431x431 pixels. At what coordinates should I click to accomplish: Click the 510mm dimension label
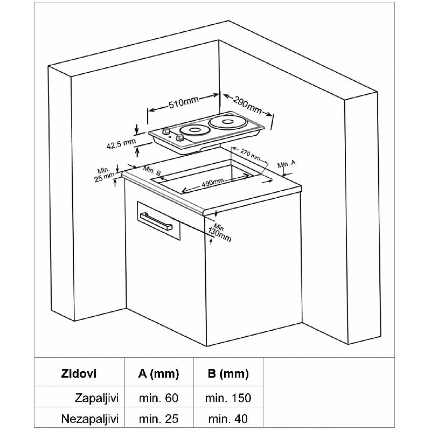point(183,102)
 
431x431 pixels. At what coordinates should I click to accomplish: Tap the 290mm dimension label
point(247,105)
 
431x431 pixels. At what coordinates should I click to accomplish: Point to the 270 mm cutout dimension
point(250,155)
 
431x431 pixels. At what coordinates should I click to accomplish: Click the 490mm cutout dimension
point(213,183)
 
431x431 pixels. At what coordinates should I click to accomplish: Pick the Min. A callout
point(287,164)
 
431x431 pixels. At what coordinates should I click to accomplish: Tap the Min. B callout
point(152,171)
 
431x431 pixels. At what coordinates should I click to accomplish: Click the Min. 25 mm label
point(104,175)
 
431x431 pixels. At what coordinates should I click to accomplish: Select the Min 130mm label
point(220,233)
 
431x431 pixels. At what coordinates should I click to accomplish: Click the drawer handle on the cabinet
point(156,221)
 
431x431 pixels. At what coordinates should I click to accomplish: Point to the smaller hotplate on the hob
point(194,130)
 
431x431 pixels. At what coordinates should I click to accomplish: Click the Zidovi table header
point(79,374)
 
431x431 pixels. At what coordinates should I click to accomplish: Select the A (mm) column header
point(158,374)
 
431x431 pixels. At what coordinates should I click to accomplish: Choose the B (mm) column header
point(228,374)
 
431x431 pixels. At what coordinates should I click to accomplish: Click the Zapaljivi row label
point(96,398)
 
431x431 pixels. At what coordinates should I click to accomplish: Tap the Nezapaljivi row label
point(90,419)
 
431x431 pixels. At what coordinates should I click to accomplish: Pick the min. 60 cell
point(158,398)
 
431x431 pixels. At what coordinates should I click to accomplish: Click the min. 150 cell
point(228,398)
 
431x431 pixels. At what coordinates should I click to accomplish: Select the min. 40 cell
point(228,419)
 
